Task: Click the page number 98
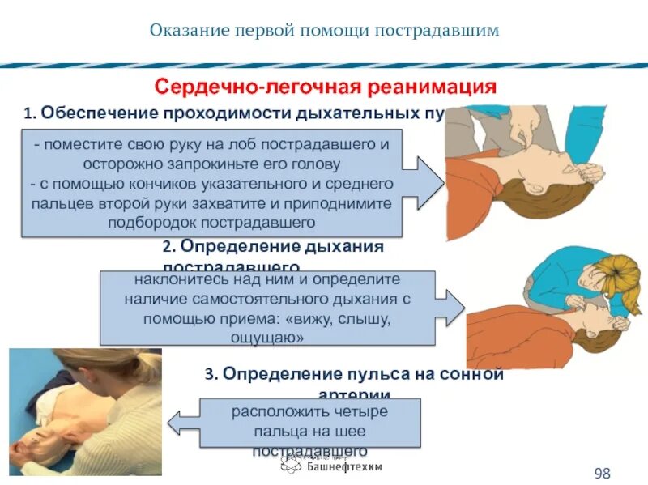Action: [x=602, y=473]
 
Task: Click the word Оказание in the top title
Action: [x=188, y=31]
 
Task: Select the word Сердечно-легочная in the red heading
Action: [x=257, y=86]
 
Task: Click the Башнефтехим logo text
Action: [x=344, y=466]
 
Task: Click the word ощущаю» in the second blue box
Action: [x=268, y=338]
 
